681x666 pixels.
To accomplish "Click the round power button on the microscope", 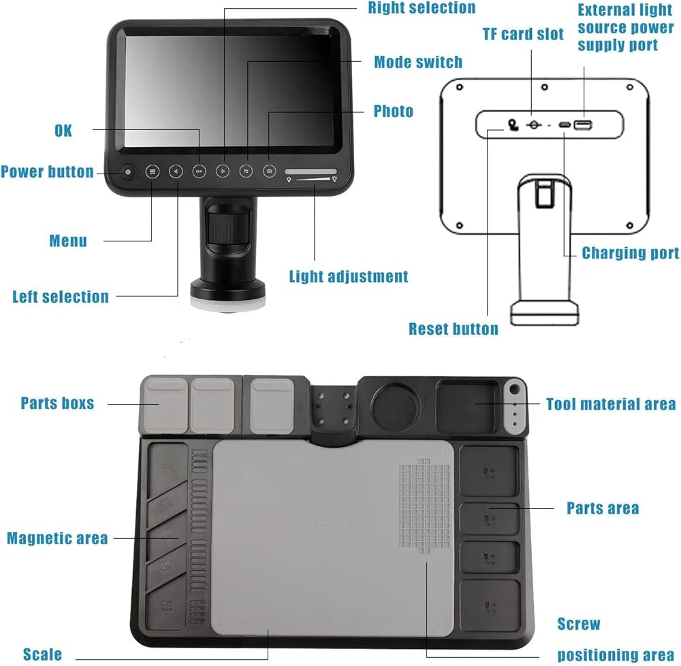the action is [129, 172].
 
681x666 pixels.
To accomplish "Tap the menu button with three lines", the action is [153, 172].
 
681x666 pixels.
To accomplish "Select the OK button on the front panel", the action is [199, 172].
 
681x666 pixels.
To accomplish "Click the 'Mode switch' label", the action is [418, 63].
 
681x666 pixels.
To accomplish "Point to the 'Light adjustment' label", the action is [349, 277].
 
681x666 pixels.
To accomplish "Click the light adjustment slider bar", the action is [311, 172].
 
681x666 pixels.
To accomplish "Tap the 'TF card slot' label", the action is [523, 35].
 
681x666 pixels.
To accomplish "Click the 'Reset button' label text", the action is [453, 329].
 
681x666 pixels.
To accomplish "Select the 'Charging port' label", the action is [630, 254].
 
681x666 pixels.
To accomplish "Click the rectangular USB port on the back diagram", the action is [582, 125].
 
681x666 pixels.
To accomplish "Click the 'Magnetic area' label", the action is [57, 539].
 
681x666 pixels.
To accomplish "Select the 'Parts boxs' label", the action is [57, 403].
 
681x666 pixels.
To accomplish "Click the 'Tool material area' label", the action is [611, 405].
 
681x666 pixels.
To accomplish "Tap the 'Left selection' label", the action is [61, 297].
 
